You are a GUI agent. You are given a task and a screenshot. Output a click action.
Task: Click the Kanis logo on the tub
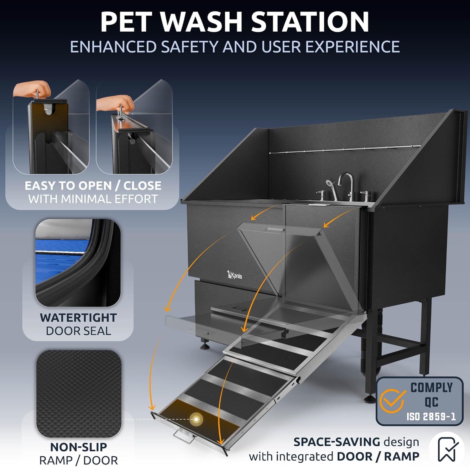(235, 275)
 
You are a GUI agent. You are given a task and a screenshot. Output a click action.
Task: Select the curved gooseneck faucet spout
(346, 185)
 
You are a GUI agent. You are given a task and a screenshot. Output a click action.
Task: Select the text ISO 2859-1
(431, 417)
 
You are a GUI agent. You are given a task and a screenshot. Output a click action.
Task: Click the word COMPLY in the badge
(431, 388)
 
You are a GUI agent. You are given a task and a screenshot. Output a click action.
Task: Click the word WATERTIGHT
(78, 317)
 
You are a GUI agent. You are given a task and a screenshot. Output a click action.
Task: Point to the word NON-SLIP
(79, 447)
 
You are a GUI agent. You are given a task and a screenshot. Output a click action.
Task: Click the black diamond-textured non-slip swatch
(79, 394)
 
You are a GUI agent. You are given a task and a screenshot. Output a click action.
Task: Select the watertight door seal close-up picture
(78, 263)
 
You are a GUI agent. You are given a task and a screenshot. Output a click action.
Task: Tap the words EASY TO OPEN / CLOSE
(93, 186)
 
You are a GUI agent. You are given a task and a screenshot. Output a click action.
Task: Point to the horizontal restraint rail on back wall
(345, 150)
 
